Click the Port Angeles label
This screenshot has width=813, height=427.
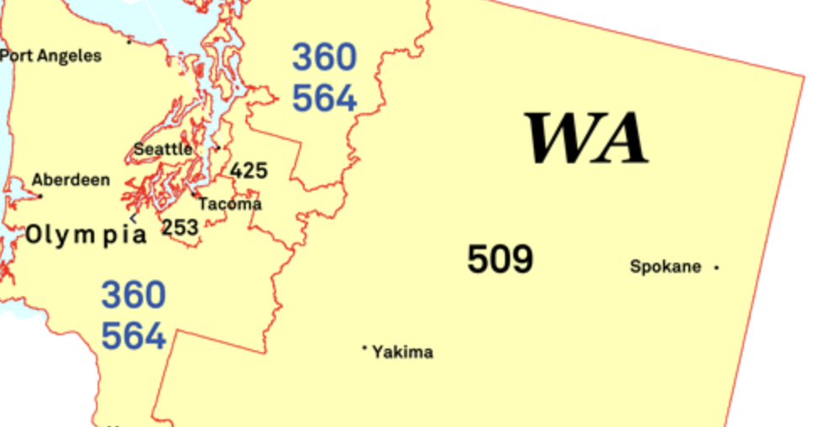click(x=50, y=56)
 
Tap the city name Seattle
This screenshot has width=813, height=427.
click(x=162, y=149)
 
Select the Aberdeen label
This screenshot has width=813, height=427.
click(x=71, y=179)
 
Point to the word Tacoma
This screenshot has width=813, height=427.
click(x=230, y=204)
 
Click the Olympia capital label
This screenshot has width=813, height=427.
click(x=86, y=235)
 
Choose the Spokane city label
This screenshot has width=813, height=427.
click(x=665, y=267)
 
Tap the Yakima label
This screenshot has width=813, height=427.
click(x=402, y=352)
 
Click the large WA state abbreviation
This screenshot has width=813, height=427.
click(x=587, y=138)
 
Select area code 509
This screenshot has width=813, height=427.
click(x=500, y=259)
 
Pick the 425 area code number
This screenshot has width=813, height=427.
click(x=249, y=171)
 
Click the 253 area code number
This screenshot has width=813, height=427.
click(x=180, y=227)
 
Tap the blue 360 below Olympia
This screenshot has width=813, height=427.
click(x=134, y=296)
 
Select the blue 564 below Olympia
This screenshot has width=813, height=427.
click(x=134, y=336)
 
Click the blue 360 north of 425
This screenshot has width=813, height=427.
click(x=324, y=57)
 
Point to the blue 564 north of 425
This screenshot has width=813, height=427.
click(x=324, y=98)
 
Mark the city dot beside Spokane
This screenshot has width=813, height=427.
click(x=717, y=268)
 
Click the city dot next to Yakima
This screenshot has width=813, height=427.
click(x=364, y=347)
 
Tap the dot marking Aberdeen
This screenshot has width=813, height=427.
click(x=40, y=196)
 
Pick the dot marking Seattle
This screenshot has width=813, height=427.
click(x=217, y=148)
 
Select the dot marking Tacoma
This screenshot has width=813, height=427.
click(x=193, y=193)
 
